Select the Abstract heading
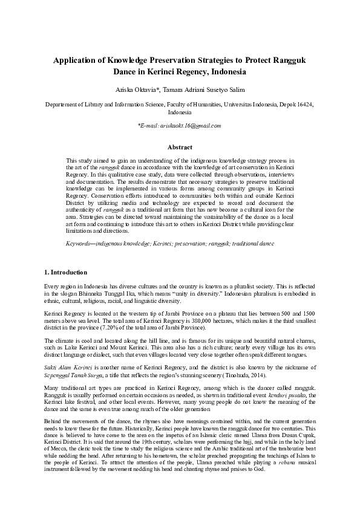[180, 147]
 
